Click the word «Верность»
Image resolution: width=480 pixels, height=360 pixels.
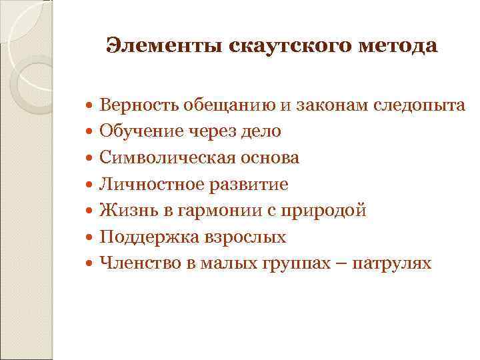click(x=136, y=105)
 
